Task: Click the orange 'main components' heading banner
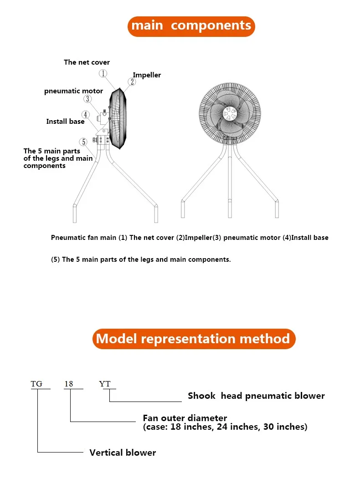[191, 25]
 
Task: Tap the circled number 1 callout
[103, 73]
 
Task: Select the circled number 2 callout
[131, 82]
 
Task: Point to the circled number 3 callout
[88, 99]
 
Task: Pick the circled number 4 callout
[86, 115]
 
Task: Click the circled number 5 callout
[83, 142]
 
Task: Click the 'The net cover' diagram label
[87, 62]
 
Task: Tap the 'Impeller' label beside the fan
[147, 75]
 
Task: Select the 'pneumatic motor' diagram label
[73, 91]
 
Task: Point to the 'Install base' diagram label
[65, 122]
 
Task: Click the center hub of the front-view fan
[229, 113]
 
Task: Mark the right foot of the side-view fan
[156, 214]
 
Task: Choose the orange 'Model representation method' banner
[194, 339]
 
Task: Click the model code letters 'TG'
[36, 384]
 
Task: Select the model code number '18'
[68, 384]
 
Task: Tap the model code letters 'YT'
[105, 384]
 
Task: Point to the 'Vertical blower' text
[123, 453]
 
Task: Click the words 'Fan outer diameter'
[185, 418]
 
